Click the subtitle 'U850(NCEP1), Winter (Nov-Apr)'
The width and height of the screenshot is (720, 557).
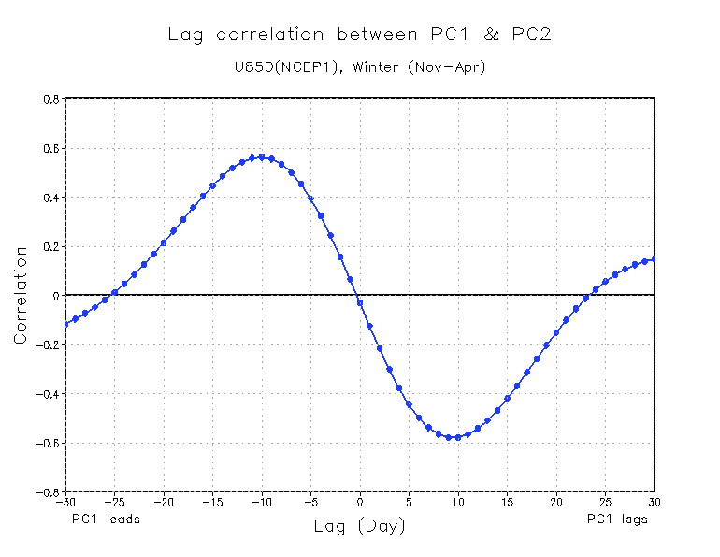click(x=361, y=67)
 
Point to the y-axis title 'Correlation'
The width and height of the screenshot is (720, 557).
click(x=20, y=296)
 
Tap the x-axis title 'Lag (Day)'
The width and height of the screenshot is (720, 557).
click(x=360, y=527)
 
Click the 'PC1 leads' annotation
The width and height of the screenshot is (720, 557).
click(x=106, y=519)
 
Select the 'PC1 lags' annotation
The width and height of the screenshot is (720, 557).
click(x=617, y=519)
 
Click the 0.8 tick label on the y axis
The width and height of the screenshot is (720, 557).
click(x=50, y=99)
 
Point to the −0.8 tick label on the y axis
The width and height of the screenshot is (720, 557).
click(x=48, y=491)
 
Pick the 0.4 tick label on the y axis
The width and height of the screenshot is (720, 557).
click(x=50, y=198)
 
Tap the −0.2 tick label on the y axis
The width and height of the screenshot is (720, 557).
click(x=48, y=344)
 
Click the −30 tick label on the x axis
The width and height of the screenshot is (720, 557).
click(x=65, y=503)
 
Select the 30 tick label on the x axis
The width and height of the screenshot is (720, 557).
click(x=655, y=503)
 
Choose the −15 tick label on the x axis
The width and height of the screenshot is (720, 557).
click(x=212, y=503)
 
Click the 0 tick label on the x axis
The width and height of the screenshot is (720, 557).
click(x=360, y=503)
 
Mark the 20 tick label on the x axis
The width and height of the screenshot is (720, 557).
click(x=556, y=503)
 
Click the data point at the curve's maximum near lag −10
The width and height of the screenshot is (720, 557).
click(x=262, y=157)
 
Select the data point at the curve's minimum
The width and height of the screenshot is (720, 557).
click(x=449, y=437)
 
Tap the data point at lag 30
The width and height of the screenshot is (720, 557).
click(x=655, y=258)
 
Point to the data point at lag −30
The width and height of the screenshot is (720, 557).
click(x=65, y=324)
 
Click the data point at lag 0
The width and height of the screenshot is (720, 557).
click(x=360, y=302)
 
